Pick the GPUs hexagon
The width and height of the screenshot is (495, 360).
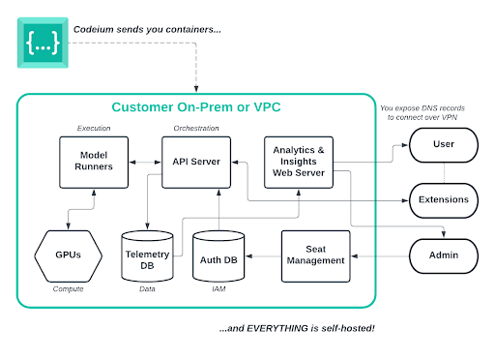point(68,255)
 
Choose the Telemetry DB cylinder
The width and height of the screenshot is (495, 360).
point(148,257)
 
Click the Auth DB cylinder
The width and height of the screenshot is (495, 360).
point(221,257)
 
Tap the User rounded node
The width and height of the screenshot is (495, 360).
point(444,145)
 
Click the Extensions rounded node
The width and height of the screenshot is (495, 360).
point(444,199)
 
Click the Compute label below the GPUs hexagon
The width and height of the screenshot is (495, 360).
point(68,289)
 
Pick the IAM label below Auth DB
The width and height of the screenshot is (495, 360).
point(221,288)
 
